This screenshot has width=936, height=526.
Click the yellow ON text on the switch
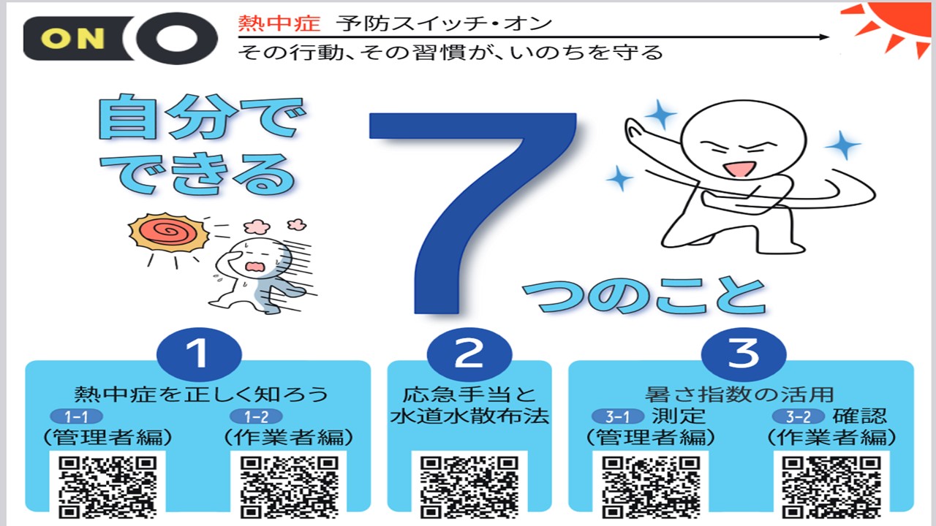(x=72, y=39)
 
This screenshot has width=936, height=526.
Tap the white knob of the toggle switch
(x=176, y=39)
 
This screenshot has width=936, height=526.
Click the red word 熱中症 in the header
(x=279, y=23)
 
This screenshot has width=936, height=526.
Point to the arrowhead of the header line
(x=824, y=37)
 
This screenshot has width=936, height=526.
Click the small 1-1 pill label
(x=77, y=416)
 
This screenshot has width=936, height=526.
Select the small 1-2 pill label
(x=257, y=416)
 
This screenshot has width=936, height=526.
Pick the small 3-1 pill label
(x=618, y=416)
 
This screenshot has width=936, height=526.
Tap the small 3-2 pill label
(x=798, y=416)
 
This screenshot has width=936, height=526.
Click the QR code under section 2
(x=469, y=487)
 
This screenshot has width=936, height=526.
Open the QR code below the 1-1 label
(x=107, y=487)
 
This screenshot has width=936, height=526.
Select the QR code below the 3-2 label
(x=831, y=487)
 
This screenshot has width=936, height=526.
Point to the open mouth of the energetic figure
(x=739, y=169)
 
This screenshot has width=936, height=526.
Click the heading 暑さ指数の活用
(x=739, y=394)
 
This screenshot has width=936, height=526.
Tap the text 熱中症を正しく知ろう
(x=201, y=394)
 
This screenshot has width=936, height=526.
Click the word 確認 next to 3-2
(x=859, y=416)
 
